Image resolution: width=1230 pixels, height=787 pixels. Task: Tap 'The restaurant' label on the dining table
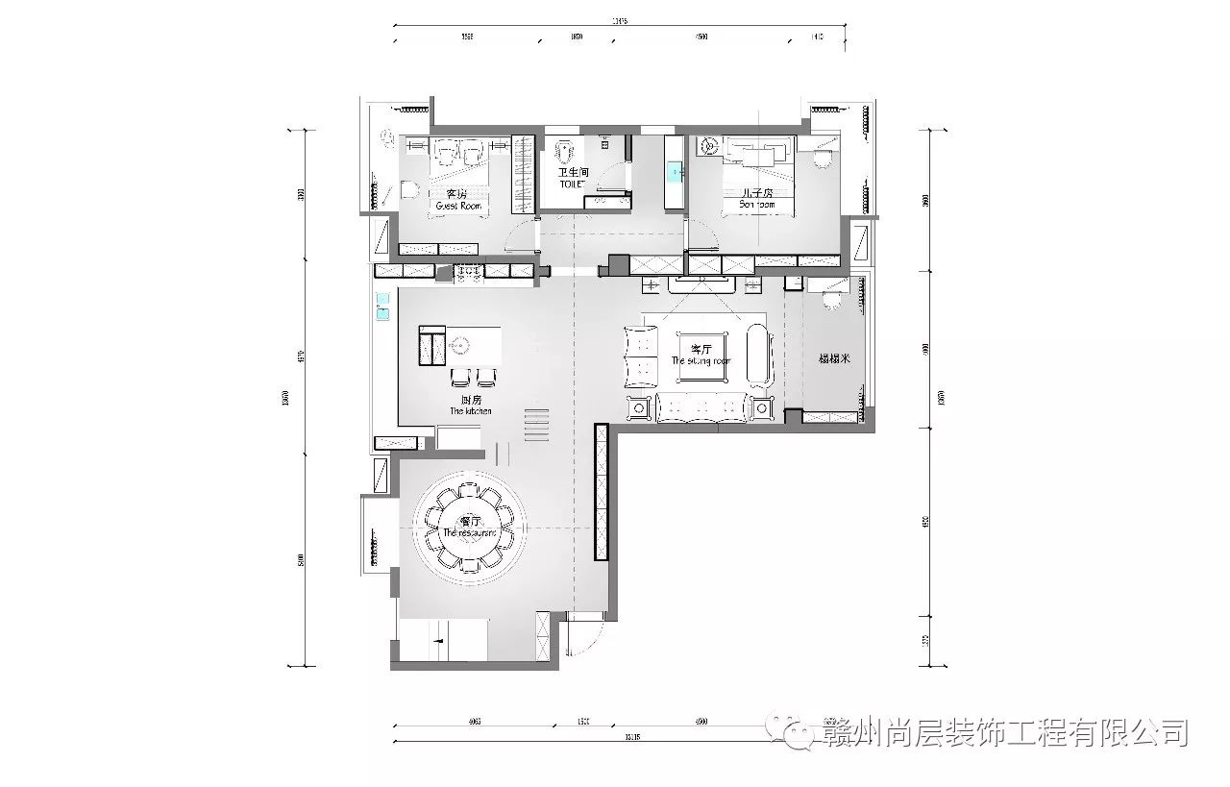click(x=470, y=531)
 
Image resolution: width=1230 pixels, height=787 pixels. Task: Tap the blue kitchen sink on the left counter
click(x=381, y=307)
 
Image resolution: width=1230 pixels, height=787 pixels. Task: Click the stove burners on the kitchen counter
click(x=470, y=273)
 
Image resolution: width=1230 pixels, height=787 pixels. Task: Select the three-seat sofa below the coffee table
click(x=701, y=408)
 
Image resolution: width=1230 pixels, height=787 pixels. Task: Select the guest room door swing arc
click(x=521, y=234)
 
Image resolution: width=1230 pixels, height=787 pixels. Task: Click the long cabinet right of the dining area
click(x=603, y=492)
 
